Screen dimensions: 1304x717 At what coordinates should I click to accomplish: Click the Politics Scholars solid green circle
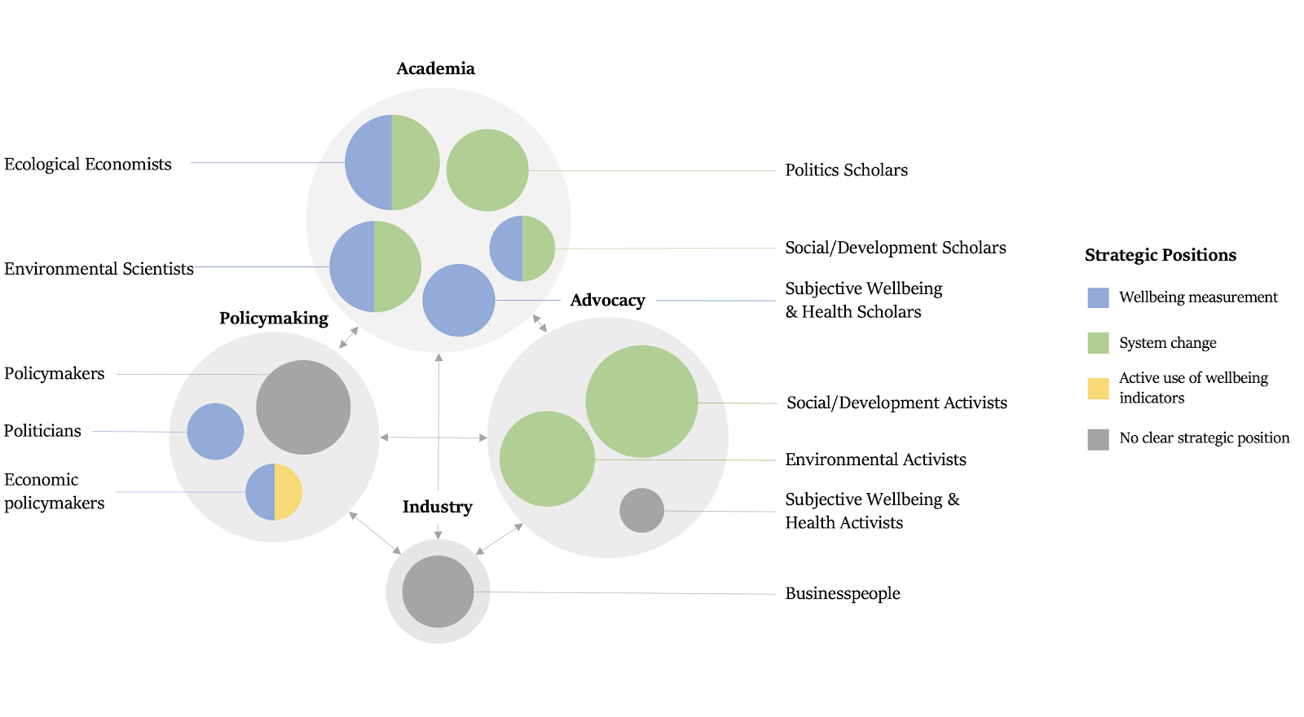[487, 170]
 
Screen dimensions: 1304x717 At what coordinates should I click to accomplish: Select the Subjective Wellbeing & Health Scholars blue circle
[459, 301]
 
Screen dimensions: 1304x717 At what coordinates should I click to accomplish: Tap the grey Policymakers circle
[303, 407]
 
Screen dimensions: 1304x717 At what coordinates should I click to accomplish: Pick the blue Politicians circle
[215, 432]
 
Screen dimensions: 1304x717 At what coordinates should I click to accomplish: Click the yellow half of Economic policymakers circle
[288, 492]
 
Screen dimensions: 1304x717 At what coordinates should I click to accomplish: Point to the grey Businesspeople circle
[438, 592]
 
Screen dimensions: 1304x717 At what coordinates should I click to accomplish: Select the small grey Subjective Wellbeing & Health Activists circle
[641, 511]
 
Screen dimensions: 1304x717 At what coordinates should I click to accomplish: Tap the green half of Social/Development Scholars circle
[538, 249]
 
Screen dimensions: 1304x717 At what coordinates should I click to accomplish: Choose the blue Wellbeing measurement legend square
[1098, 297]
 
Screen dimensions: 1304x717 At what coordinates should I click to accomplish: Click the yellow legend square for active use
[1098, 389]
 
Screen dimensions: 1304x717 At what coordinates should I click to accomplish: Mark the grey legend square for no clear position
[1098, 439]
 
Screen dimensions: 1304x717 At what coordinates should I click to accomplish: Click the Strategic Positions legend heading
[1160, 255]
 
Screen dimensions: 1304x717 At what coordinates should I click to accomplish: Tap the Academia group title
[435, 68]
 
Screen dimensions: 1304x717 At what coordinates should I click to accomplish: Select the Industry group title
[437, 507]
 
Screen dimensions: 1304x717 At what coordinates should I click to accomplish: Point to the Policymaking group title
[274, 318]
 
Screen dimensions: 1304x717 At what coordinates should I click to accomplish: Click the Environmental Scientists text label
[99, 269]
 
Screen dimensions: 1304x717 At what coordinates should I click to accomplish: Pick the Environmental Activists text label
[875, 460]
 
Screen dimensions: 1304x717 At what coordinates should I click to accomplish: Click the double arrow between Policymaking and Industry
[375, 533]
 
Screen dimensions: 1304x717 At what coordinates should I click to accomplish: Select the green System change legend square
[1098, 343]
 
